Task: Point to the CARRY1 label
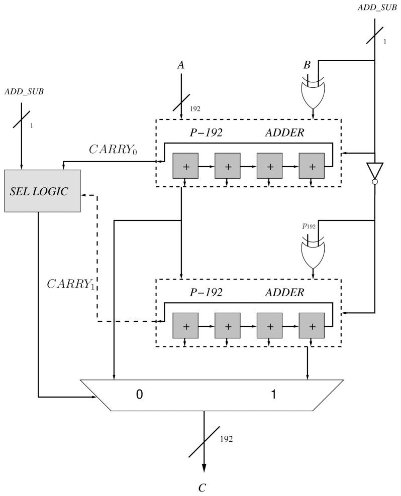click(70, 284)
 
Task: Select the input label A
click(180, 65)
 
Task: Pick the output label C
click(204, 486)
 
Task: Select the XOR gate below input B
click(313, 93)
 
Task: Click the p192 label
click(309, 226)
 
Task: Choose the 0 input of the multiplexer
click(140, 395)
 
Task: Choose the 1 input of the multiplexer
click(273, 395)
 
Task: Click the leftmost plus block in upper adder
click(185, 166)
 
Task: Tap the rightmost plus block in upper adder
click(312, 166)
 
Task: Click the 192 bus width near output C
click(226, 439)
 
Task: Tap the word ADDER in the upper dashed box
click(284, 133)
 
